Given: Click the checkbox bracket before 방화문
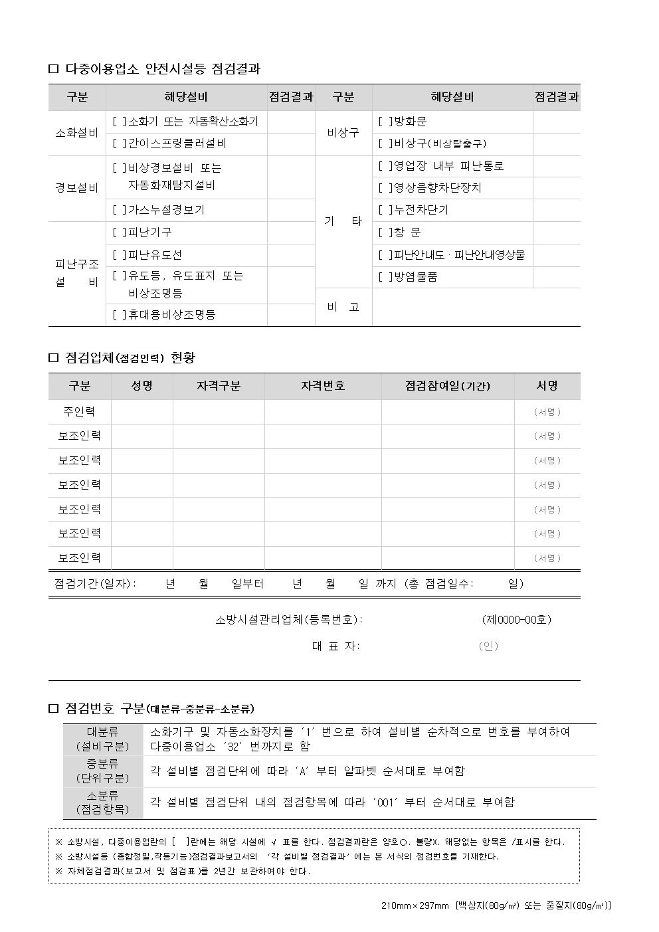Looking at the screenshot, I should click(385, 122).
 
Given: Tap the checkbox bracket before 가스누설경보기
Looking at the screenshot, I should click(119, 210).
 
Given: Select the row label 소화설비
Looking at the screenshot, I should click(76, 132).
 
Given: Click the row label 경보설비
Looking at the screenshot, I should click(76, 188).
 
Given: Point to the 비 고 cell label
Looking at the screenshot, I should click(343, 307).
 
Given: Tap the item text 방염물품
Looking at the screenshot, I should click(416, 277).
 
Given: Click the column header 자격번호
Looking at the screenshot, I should click(323, 386).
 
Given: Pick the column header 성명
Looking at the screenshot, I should click(142, 386).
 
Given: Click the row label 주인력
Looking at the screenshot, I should click(79, 412).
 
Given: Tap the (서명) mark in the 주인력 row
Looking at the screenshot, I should click(547, 412).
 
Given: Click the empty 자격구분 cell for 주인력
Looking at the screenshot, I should click(219, 412).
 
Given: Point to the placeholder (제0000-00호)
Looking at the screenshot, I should click(516, 620).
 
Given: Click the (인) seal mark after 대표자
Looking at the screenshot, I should click(488, 646).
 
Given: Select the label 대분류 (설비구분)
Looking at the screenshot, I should click(103, 739).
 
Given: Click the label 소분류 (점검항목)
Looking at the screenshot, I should click(103, 802).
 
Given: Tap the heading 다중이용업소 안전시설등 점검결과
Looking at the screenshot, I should click(163, 68).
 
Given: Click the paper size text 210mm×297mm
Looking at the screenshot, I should click(416, 905).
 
